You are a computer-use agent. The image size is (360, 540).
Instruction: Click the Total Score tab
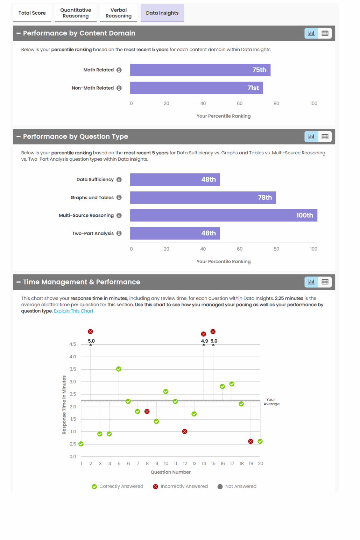[32, 13]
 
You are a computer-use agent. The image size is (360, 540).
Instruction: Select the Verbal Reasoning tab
[119, 13]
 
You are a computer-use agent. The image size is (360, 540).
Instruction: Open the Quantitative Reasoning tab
[76, 13]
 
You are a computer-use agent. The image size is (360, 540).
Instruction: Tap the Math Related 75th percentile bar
[200, 70]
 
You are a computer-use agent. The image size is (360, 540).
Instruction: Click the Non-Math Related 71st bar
[196, 88]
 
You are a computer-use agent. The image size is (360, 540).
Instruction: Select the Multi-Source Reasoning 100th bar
[224, 215]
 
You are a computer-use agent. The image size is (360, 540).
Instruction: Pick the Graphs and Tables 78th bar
[203, 197]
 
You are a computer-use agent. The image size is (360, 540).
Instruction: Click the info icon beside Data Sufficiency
[119, 180]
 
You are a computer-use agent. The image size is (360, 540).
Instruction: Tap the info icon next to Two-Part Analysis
[119, 233]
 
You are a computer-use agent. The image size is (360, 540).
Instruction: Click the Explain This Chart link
[73, 311]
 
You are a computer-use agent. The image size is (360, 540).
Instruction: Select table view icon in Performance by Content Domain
[325, 33]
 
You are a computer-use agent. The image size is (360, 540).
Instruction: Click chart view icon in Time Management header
[311, 282]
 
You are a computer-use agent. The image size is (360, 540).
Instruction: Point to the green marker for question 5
[119, 369]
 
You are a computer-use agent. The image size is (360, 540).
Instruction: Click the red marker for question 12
[185, 431]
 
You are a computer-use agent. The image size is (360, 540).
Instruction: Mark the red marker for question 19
[250, 441]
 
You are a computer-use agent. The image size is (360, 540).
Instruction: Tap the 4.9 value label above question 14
[204, 341]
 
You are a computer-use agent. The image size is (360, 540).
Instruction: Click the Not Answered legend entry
[237, 486]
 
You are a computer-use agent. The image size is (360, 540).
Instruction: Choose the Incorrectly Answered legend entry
[181, 486]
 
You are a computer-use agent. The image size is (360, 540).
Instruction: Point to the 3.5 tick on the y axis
[73, 369]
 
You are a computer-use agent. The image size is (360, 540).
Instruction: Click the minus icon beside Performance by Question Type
[19, 136]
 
